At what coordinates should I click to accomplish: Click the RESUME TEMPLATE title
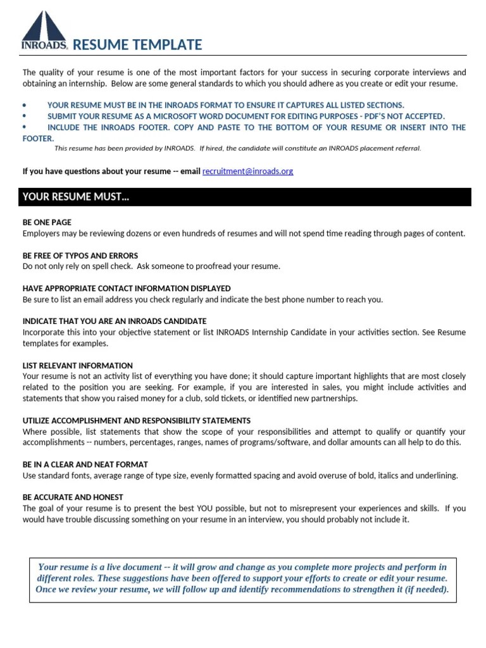pos(137,45)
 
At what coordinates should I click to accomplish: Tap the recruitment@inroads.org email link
pos(247,171)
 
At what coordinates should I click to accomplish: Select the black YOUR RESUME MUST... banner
pos(244,197)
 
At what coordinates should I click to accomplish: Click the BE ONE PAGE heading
pos(47,223)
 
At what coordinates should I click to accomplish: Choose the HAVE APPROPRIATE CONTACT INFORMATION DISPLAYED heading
pos(127,289)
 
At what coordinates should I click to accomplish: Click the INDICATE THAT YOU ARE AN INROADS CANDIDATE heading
pos(115,321)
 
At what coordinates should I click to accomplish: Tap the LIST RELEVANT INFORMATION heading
pos(78,366)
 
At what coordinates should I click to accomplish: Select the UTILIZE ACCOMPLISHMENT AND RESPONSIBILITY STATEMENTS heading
pos(137,421)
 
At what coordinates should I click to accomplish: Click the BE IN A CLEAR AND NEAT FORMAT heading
pos(85,464)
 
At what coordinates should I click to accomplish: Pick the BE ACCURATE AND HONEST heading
pos(73,497)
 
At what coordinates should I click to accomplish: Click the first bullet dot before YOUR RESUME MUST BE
pos(24,105)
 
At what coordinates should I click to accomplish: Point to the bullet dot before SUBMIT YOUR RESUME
pos(24,116)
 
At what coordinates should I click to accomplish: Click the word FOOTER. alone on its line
pos(39,139)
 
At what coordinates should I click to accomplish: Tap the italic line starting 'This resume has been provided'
pos(237,149)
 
